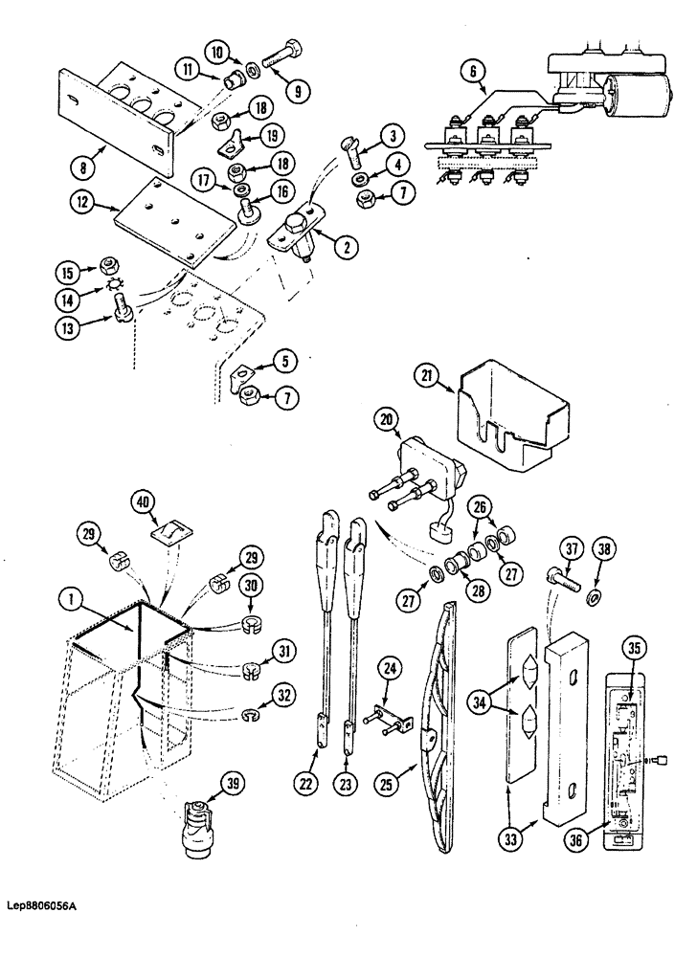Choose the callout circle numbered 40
tap(142, 501)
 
